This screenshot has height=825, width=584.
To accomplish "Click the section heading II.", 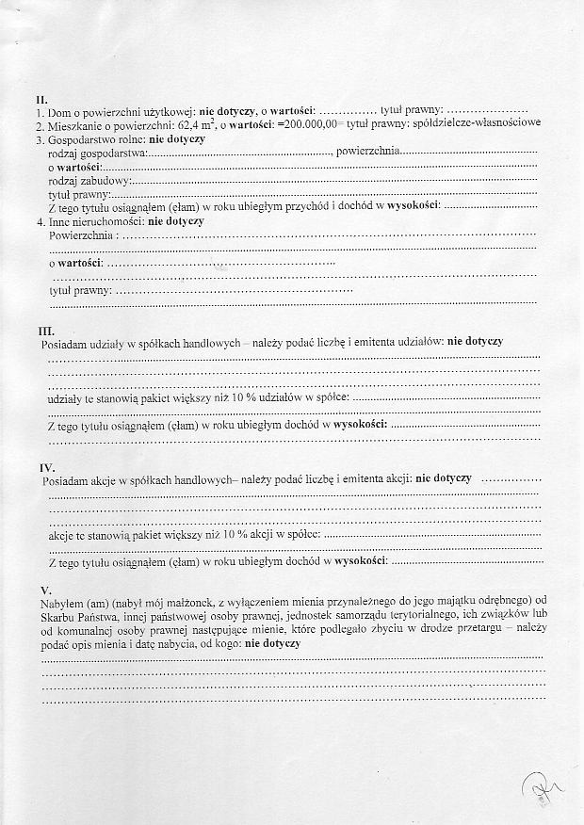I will (x=41, y=99).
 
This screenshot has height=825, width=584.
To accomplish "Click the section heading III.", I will (x=45, y=332).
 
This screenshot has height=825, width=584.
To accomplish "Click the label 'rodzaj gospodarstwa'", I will (x=94, y=153).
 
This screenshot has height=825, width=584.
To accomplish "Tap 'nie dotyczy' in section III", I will (x=475, y=341).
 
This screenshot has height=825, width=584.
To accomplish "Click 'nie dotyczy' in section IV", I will (x=444, y=478).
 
